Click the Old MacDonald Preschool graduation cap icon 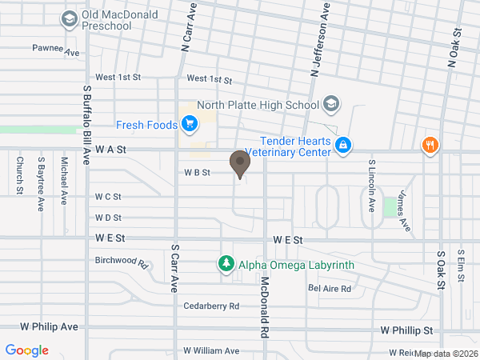point(70,18)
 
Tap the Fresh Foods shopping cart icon point(190,123)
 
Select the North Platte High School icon point(331,105)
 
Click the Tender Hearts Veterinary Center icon point(342,146)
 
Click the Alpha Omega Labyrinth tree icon point(226,264)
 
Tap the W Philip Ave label point(50,327)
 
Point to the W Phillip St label point(406,330)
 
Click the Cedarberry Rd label point(211,306)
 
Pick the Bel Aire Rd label point(330,288)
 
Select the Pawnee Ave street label point(57,50)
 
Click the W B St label point(197,172)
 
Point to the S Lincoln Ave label point(371,184)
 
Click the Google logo point(27,350)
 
